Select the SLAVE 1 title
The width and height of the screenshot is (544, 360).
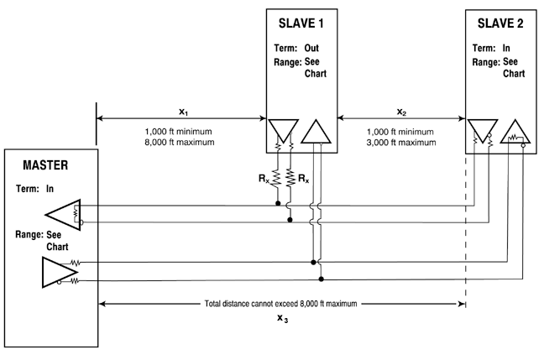pos(301,20)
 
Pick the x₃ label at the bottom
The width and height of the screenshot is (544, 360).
pos(282,319)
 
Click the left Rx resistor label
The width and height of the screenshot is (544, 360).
pos(264,178)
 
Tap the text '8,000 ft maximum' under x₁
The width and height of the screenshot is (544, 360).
pos(180,142)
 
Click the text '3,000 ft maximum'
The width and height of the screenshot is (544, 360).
pos(401,142)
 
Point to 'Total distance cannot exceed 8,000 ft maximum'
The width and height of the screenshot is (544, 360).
pos(282,302)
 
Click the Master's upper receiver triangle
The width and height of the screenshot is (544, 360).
pos(62,213)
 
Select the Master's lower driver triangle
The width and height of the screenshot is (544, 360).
pos(58,271)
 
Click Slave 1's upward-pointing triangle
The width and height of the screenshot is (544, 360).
pos(316,133)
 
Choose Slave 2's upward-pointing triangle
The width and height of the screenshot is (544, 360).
pos(514,131)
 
